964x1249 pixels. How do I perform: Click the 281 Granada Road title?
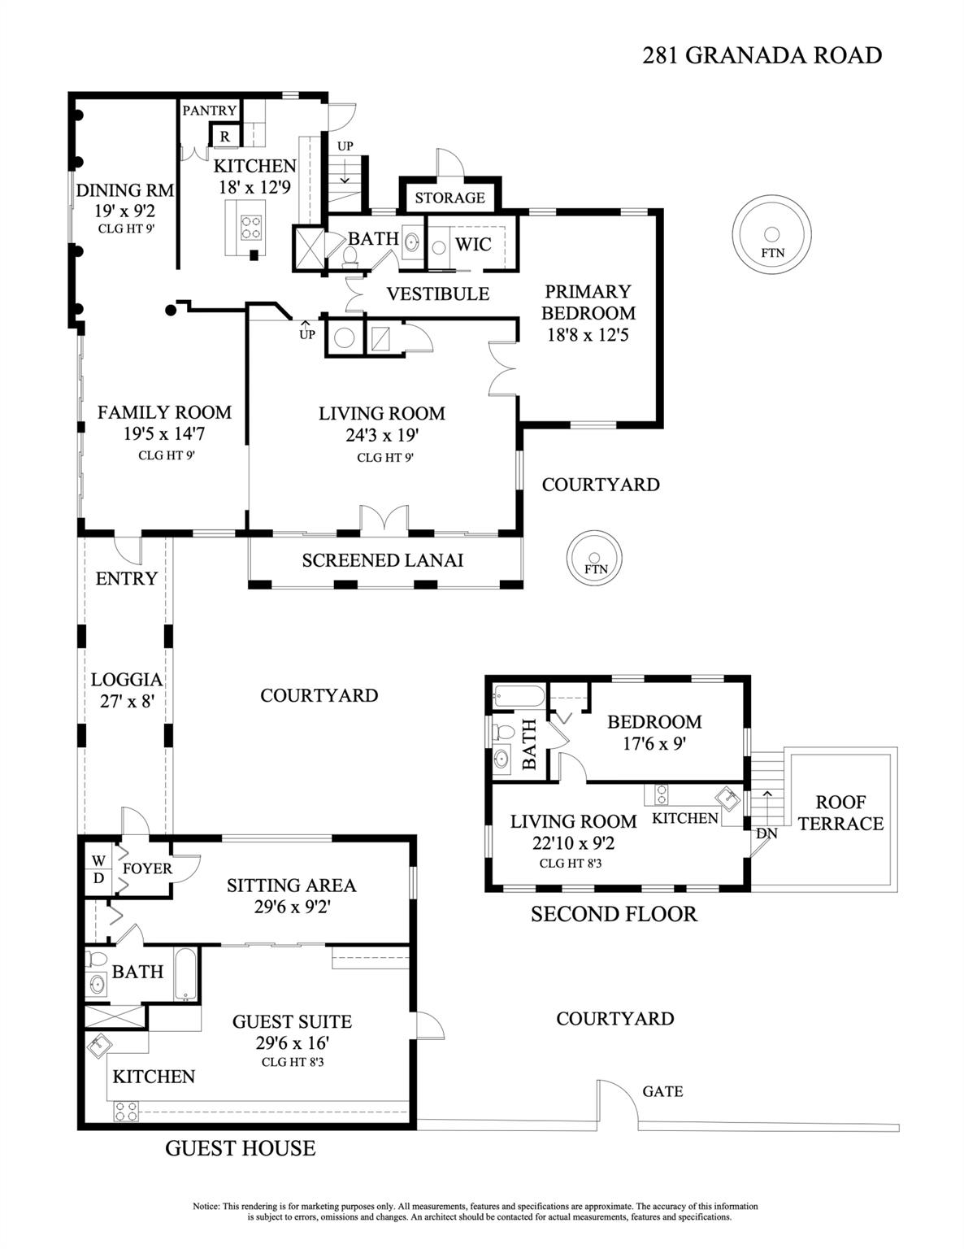point(762,55)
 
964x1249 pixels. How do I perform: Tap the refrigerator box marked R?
point(225,137)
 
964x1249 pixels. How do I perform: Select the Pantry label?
point(209,111)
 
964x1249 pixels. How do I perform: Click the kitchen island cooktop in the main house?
point(251,226)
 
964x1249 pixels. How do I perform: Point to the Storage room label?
point(449,198)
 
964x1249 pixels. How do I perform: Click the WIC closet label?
point(472,244)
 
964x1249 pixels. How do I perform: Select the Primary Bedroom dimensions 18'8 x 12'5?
point(588,334)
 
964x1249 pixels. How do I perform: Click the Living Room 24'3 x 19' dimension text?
point(382,436)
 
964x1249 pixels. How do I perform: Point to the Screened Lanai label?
point(382,560)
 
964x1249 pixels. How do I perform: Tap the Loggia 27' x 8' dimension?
point(127,701)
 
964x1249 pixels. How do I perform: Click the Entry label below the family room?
point(126,579)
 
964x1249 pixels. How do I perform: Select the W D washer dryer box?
point(98,868)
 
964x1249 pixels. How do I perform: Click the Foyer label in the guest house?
point(147,868)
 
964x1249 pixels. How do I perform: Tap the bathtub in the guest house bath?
point(186,975)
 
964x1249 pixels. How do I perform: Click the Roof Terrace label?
point(840,812)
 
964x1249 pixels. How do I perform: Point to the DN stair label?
point(766,833)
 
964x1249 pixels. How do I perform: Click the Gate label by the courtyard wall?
point(662,1091)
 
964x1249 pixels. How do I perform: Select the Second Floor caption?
point(614,914)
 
